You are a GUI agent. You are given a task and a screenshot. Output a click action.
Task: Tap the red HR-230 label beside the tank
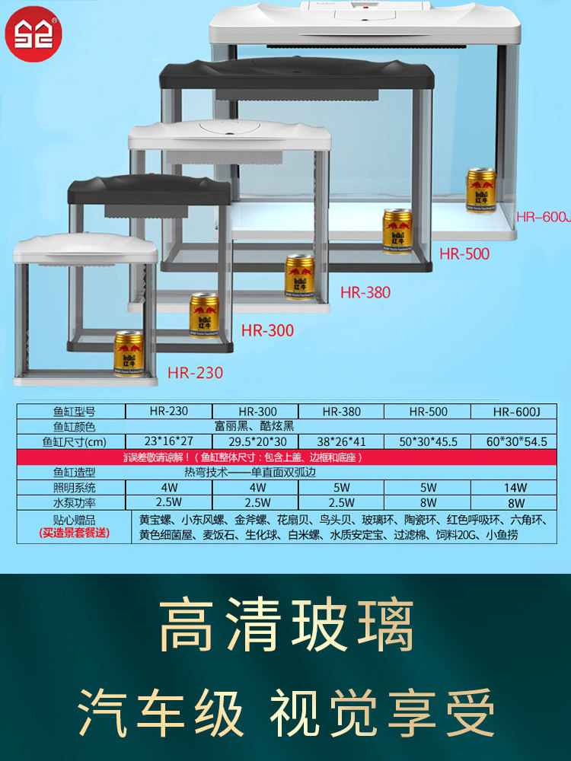click(195, 373)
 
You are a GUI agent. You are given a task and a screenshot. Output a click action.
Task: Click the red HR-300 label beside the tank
click(267, 331)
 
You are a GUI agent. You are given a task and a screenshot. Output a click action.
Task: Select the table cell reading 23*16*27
click(169, 441)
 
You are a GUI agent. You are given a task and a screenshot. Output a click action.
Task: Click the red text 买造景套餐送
click(74, 533)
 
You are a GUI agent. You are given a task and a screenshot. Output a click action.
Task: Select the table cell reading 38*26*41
click(342, 441)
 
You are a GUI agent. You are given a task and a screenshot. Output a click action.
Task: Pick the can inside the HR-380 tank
click(299, 276)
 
